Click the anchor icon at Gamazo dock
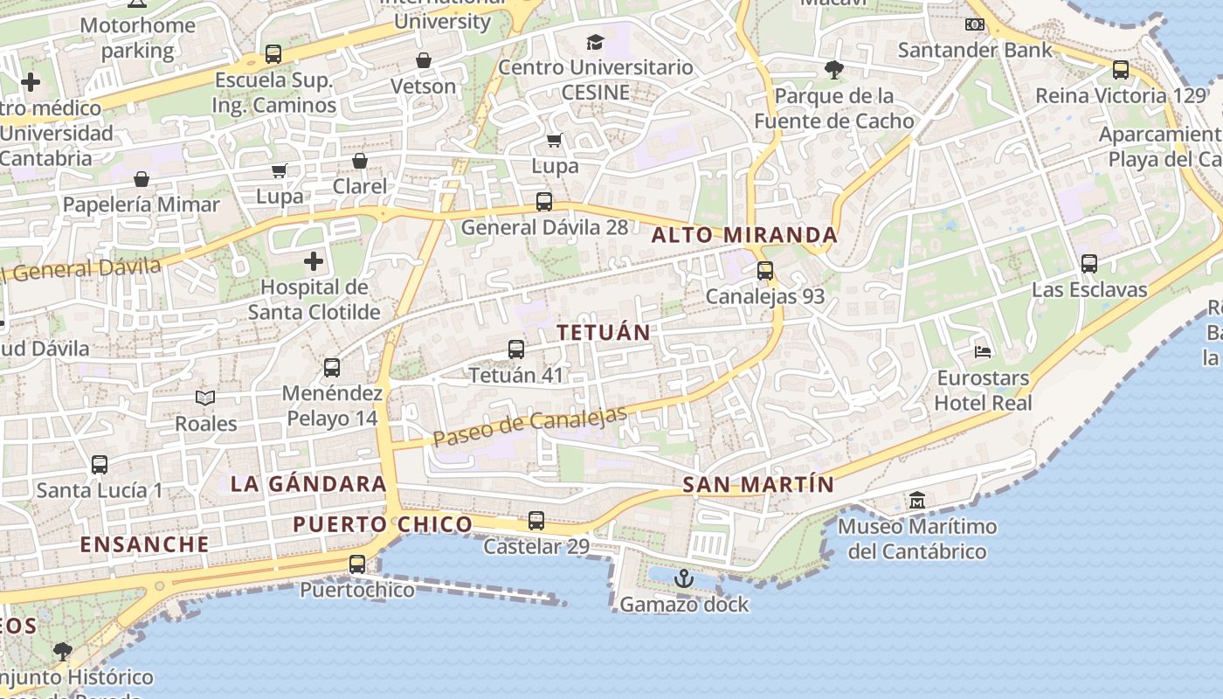[x=684, y=578]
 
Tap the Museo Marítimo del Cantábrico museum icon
[x=917, y=502]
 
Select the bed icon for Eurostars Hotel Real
[x=983, y=353]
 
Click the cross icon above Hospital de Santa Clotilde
[x=313, y=261]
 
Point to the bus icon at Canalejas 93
[x=765, y=271]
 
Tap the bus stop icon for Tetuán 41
[x=516, y=349]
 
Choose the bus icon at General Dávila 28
[x=544, y=202]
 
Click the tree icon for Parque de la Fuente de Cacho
[x=834, y=70]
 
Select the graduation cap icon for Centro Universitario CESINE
[x=595, y=42]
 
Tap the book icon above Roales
[x=205, y=398]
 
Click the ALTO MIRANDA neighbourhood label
[x=744, y=235]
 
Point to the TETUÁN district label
[x=604, y=333]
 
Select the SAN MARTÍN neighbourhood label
[x=758, y=485]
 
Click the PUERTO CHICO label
[x=383, y=524]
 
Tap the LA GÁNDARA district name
[x=308, y=484]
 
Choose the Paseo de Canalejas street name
[x=530, y=427]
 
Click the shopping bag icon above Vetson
[x=424, y=60]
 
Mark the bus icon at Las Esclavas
[x=1089, y=263]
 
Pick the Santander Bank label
[x=976, y=50]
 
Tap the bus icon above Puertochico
[x=357, y=564]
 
